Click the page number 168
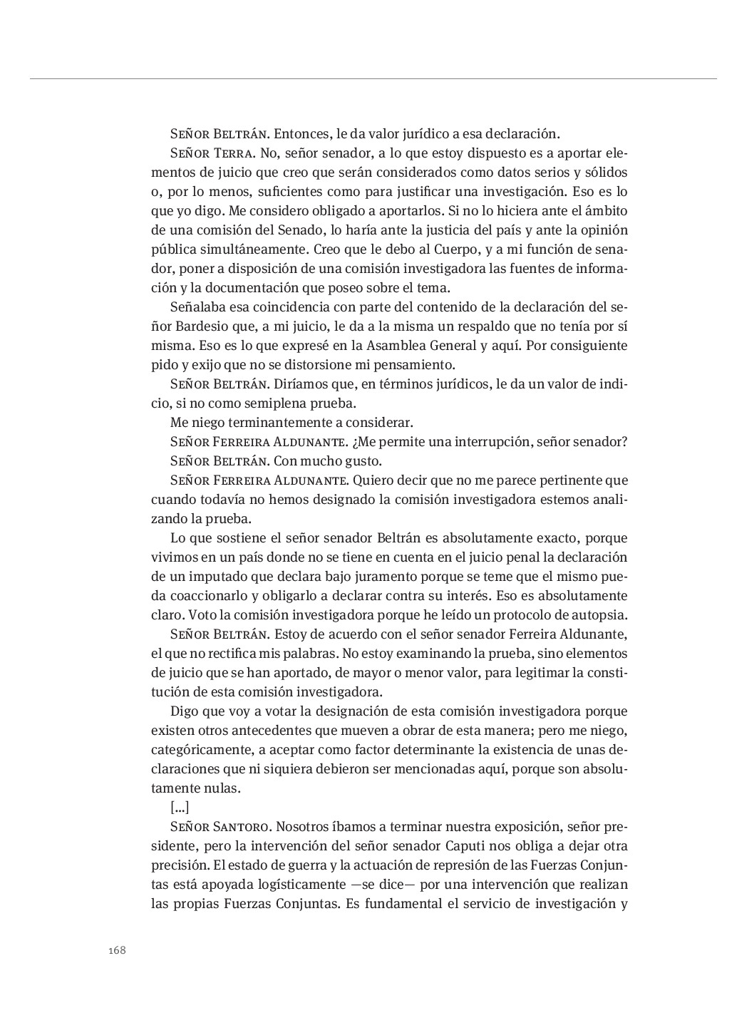click(x=118, y=950)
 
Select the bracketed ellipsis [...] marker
click(x=180, y=808)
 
